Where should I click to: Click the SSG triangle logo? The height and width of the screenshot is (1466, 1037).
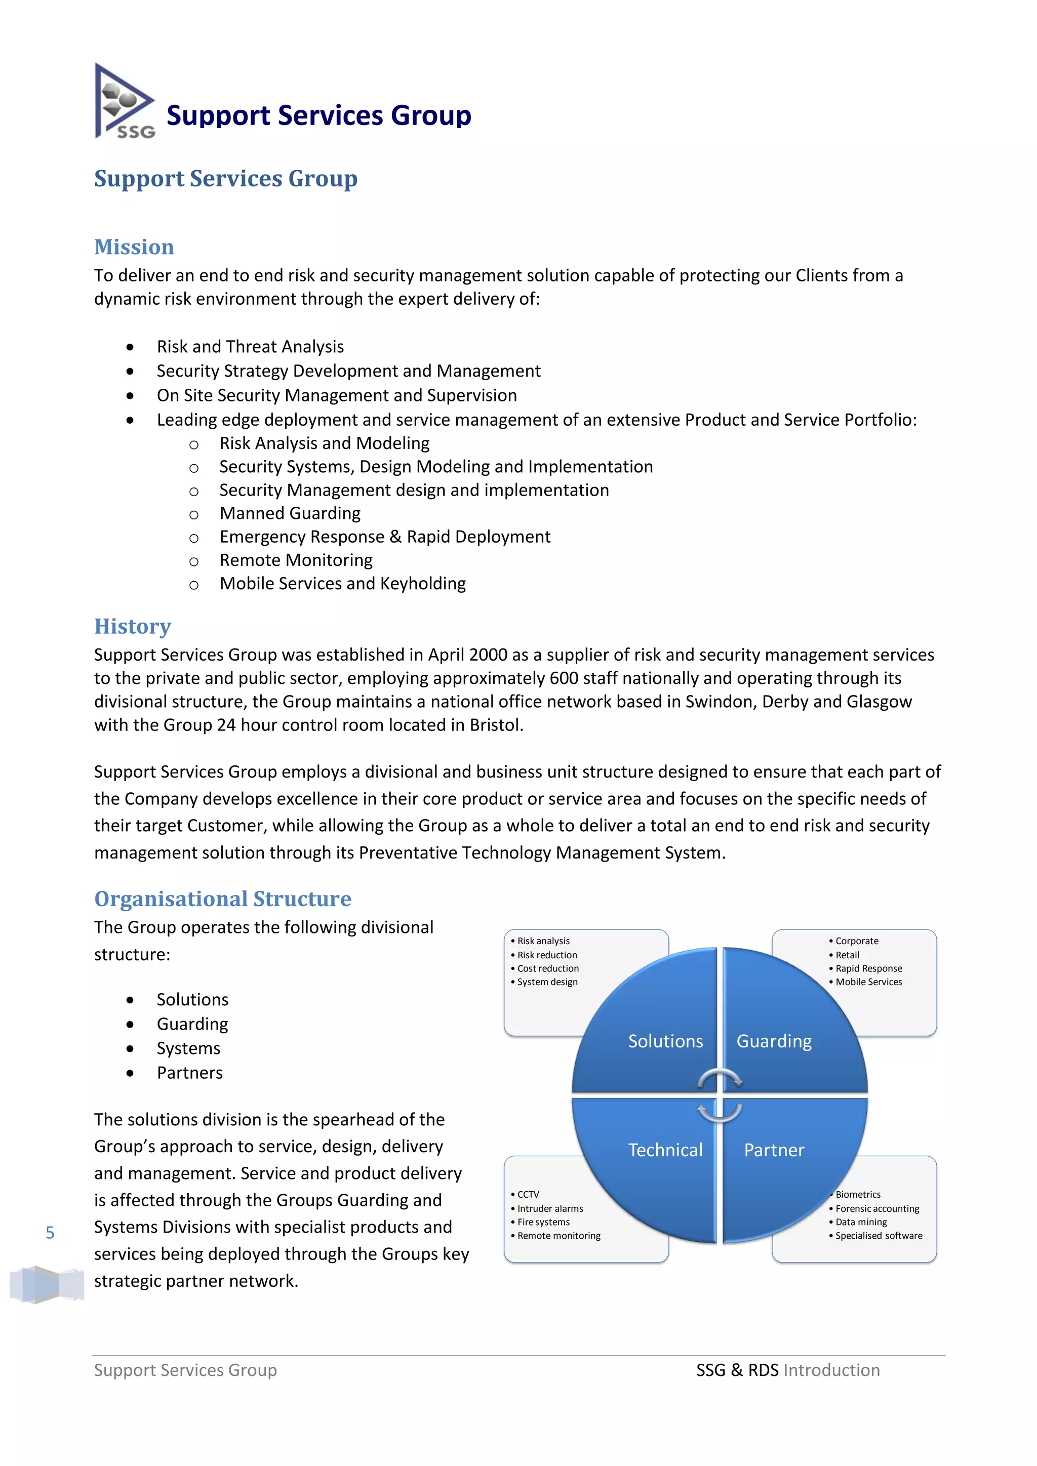tap(125, 102)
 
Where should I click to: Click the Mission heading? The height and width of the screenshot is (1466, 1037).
tap(134, 247)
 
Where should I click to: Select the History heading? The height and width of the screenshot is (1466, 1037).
tap(133, 626)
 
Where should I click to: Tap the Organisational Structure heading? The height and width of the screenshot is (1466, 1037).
tap(223, 899)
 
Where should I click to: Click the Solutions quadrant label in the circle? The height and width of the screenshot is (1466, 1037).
tap(665, 1041)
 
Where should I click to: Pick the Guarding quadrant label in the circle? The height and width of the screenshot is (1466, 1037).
tap(774, 1041)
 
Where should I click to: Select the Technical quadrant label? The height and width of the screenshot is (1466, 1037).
tap(665, 1150)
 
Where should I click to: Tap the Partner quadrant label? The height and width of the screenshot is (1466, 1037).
tap(774, 1150)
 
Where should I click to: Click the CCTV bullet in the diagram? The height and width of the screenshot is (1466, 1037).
tap(528, 1195)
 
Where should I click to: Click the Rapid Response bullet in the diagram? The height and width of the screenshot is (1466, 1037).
tap(868, 968)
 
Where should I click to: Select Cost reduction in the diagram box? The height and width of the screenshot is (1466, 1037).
tap(548, 968)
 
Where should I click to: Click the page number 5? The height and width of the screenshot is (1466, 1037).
tap(50, 1233)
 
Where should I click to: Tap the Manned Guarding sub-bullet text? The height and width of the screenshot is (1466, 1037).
tap(290, 513)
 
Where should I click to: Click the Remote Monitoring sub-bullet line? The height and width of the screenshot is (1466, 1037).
tap(296, 560)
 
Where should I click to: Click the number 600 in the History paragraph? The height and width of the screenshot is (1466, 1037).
tap(564, 678)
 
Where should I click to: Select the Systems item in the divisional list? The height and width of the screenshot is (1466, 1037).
tap(188, 1048)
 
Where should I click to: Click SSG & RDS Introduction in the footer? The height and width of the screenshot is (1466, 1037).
tap(788, 1370)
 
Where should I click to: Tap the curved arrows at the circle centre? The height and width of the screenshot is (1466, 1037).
tap(720, 1095)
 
